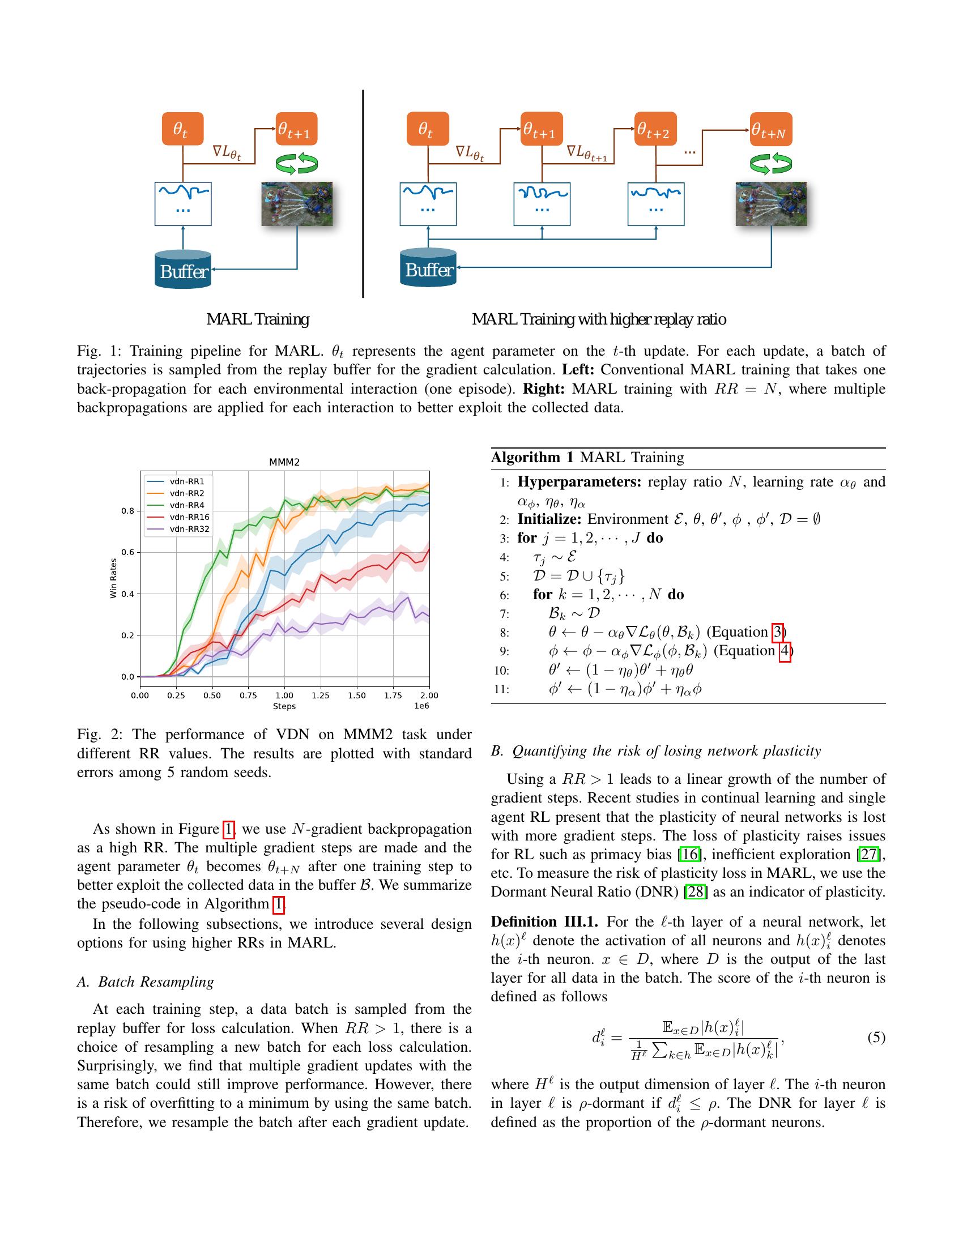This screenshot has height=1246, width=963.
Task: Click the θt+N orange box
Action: click(x=771, y=130)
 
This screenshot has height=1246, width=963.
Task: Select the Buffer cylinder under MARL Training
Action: click(x=183, y=268)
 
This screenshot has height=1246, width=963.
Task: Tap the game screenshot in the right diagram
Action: click(x=771, y=204)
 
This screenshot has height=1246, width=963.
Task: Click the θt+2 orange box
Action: click(x=656, y=130)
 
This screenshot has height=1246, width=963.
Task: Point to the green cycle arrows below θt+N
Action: click(x=771, y=164)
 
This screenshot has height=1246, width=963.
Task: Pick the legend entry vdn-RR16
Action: click(x=189, y=517)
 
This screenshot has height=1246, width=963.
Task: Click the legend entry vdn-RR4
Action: click(x=186, y=505)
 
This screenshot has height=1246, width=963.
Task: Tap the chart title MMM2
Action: click(x=284, y=462)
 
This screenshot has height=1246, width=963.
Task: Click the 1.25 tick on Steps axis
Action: click(x=321, y=695)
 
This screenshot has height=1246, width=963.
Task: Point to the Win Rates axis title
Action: click(x=113, y=578)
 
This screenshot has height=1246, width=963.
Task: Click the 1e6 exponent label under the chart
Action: click(x=421, y=706)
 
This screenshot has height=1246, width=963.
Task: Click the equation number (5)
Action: click(x=876, y=1036)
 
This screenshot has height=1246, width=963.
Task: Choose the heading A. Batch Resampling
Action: click(x=146, y=982)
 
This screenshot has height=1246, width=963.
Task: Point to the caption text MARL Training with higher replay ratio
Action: click(x=599, y=319)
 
